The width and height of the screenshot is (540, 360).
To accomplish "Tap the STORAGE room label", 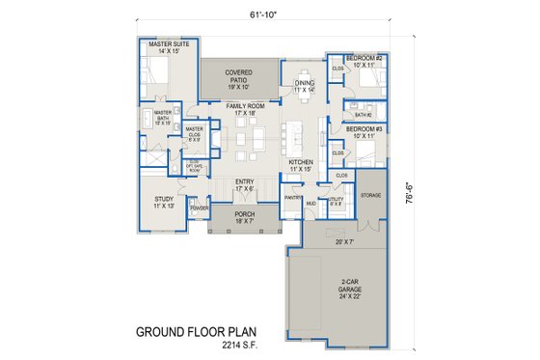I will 370,195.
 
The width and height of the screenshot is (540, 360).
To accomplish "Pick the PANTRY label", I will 293,199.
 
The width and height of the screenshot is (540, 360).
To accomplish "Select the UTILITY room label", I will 336,200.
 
